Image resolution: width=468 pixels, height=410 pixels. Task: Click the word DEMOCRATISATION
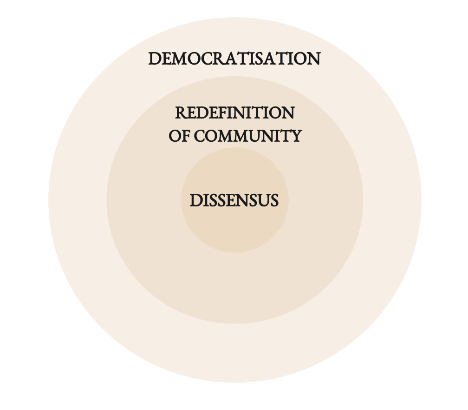(234, 59)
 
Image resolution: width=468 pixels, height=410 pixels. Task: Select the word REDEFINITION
(234, 113)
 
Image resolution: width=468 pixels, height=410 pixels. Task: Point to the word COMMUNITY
(247, 136)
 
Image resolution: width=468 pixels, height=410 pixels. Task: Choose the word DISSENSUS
(234, 201)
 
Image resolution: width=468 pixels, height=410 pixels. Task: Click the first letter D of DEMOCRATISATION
(155, 59)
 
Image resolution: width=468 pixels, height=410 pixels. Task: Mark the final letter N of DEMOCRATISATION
(314, 59)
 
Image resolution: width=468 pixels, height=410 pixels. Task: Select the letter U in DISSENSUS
(262, 201)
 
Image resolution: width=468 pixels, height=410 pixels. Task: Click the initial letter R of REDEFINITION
(181, 113)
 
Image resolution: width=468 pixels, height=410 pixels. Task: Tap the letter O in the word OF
(174, 136)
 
